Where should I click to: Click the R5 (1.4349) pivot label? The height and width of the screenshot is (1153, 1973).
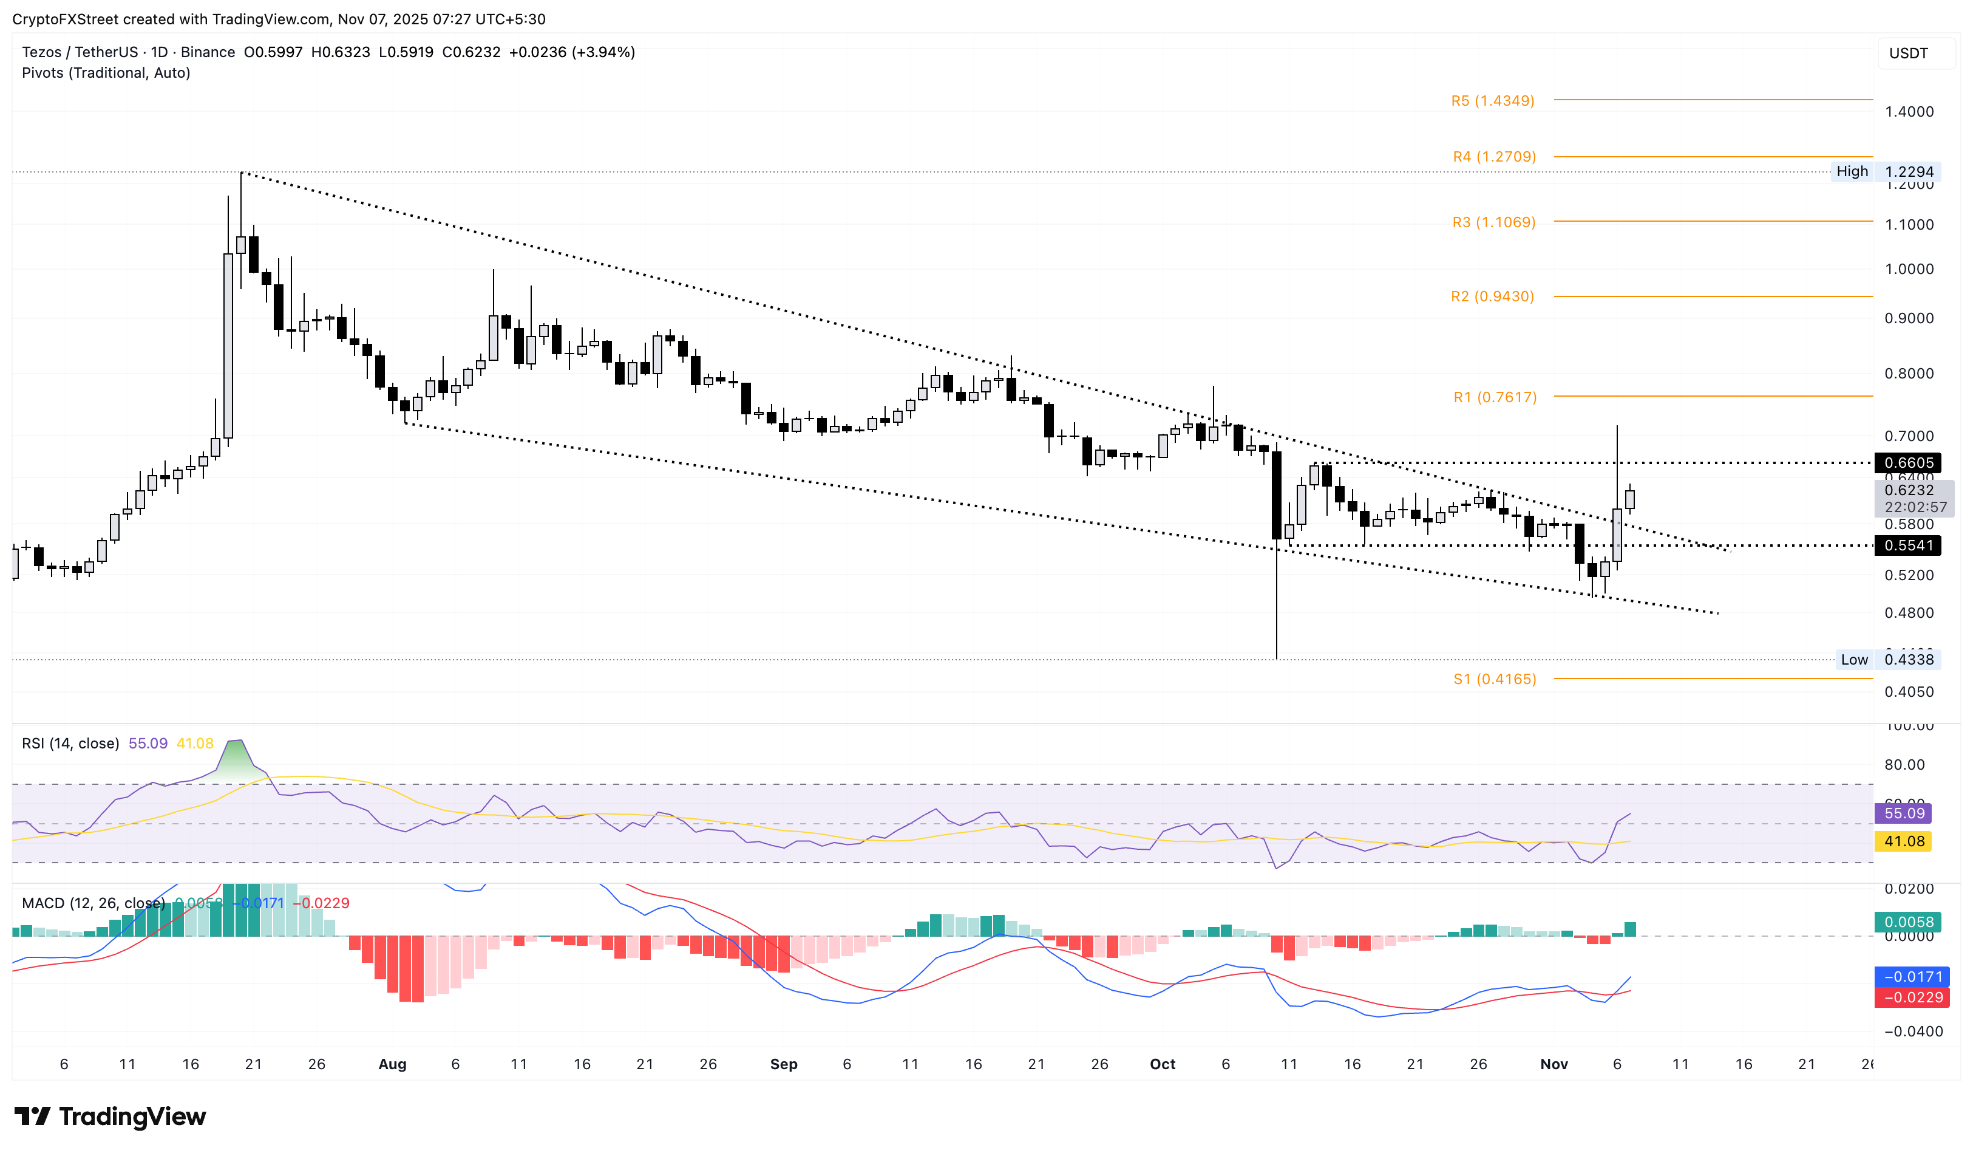(1492, 101)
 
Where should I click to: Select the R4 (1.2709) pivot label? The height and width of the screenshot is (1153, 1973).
(1494, 157)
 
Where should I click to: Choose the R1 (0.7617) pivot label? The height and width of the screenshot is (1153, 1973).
(1495, 397)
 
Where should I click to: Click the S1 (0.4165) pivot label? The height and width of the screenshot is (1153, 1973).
(1495, 679)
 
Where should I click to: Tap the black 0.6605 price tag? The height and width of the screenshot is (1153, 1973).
(1908, 463)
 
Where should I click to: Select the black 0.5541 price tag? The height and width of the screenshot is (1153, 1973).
(1908, 546)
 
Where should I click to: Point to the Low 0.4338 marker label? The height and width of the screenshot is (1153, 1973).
(1887, 660)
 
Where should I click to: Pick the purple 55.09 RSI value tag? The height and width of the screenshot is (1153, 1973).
(1903, 813)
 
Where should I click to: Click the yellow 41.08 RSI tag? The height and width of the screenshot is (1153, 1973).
(1903, 841)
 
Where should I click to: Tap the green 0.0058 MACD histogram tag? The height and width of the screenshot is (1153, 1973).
(1907, 922)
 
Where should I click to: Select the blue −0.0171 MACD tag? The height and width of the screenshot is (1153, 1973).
(1907, 977)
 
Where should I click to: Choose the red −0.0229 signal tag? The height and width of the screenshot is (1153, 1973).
(1907, 997)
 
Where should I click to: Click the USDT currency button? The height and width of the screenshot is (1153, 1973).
(1908, 53)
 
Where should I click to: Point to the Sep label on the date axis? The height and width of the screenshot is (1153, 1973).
(784, 1064)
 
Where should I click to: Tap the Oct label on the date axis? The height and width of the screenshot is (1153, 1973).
(1163, 1064)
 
